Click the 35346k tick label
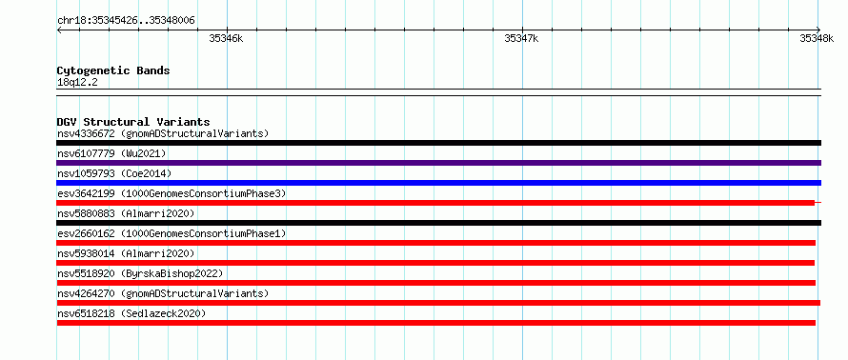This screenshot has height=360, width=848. [226, 38]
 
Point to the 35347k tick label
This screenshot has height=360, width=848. [521, 38]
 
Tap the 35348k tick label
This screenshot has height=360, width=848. [817, 38]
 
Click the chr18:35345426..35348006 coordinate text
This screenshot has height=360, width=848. [126, 21]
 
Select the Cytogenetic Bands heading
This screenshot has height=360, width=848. [113, 70]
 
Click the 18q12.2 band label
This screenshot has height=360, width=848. [77, 83]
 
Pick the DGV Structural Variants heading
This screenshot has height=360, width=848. [133, 122]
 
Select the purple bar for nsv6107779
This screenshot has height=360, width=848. [439, 163]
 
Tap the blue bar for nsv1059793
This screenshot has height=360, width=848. [439, 183]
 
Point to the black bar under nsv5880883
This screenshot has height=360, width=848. [439, 223]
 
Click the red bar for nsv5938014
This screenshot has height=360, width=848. [435, 263]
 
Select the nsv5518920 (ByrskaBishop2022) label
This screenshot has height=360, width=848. [140, 273]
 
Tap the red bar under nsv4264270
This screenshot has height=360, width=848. [438, 303]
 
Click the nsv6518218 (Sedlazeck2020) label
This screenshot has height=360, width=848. [131, 313]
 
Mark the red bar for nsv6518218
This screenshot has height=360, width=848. [435, 323]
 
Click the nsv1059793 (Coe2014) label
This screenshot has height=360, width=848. [114, 173]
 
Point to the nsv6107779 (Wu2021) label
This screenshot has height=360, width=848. [111, 153]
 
